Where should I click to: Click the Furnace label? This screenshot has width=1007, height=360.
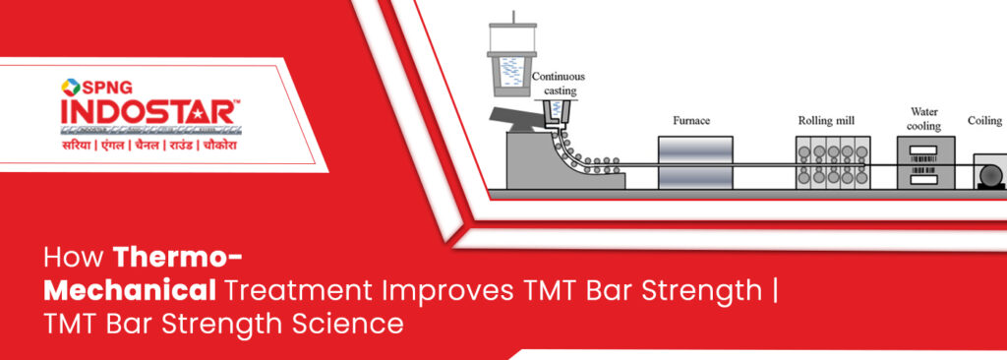691,121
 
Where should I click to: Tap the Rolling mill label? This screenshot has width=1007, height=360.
825,121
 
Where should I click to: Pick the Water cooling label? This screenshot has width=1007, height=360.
924,119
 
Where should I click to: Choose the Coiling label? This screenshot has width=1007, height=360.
987,121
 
